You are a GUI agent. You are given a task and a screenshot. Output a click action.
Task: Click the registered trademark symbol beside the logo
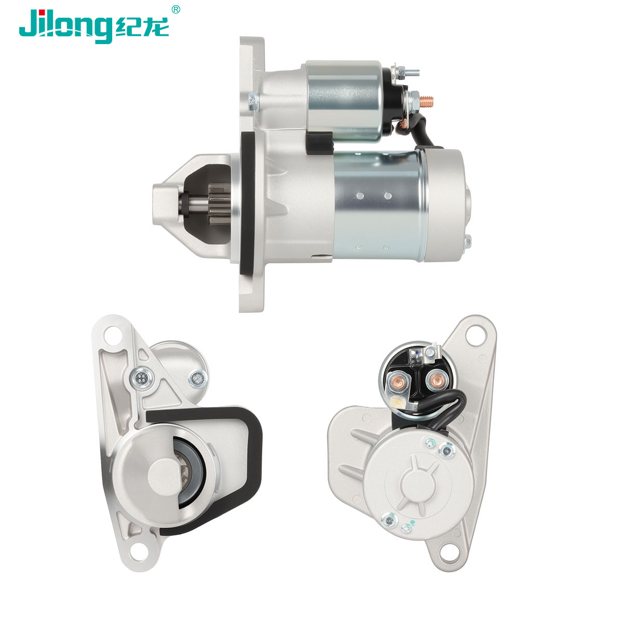tap(175, 9)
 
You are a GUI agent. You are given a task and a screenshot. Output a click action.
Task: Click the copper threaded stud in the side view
tap(426, 101)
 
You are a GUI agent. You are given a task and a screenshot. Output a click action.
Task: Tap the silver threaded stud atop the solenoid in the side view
tap(409, 72)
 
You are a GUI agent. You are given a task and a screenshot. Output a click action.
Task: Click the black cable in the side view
tap(424, 131)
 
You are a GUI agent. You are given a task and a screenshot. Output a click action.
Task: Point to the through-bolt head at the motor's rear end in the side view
tap(467, 241)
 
